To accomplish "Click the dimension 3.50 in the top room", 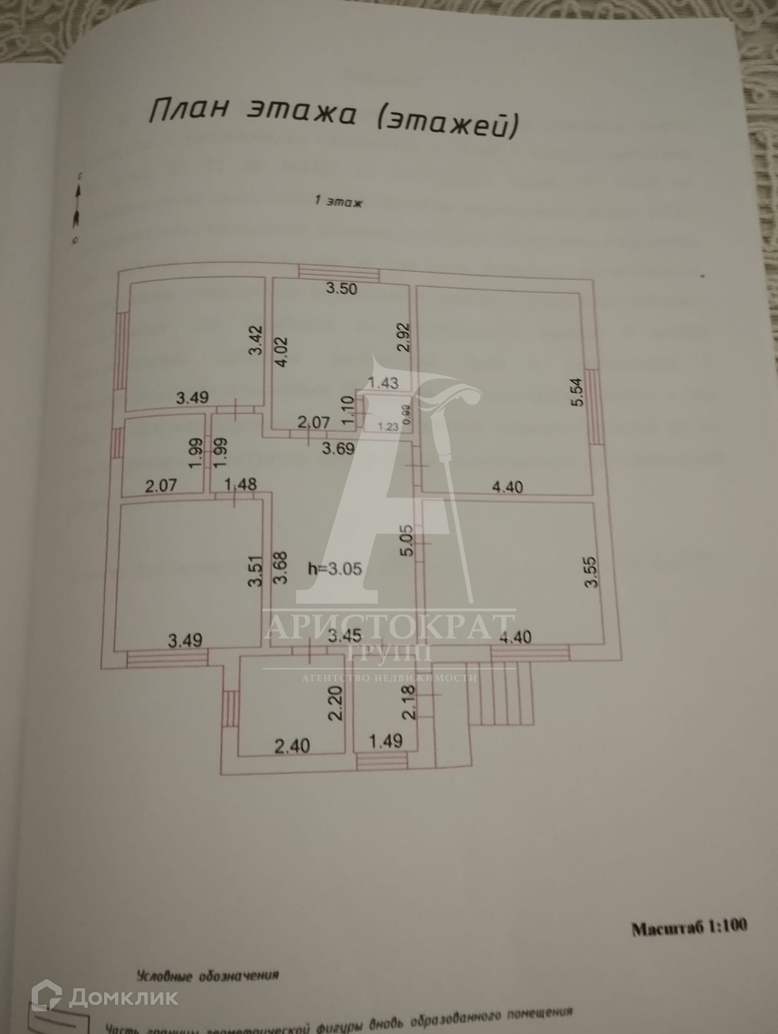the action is pyautogui.click(x=341, y=289).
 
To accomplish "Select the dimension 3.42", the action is pyautogui.click(x=257, y=341).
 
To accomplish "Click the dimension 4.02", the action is pyautogui.click(x=281, y=352).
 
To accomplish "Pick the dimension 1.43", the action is pyautogui.click(x=383, y=383).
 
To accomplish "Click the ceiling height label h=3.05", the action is pyautogui.click(x=334, y=569).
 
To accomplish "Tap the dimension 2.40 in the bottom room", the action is pyautogui.click(x=292, y=746).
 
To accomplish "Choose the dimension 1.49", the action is pyautogui.click(x=385, y=741).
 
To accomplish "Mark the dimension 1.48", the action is pyautogui.click(x=240, y=483).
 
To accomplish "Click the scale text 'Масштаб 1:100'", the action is pyautogui.click(x=689, y=928).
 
